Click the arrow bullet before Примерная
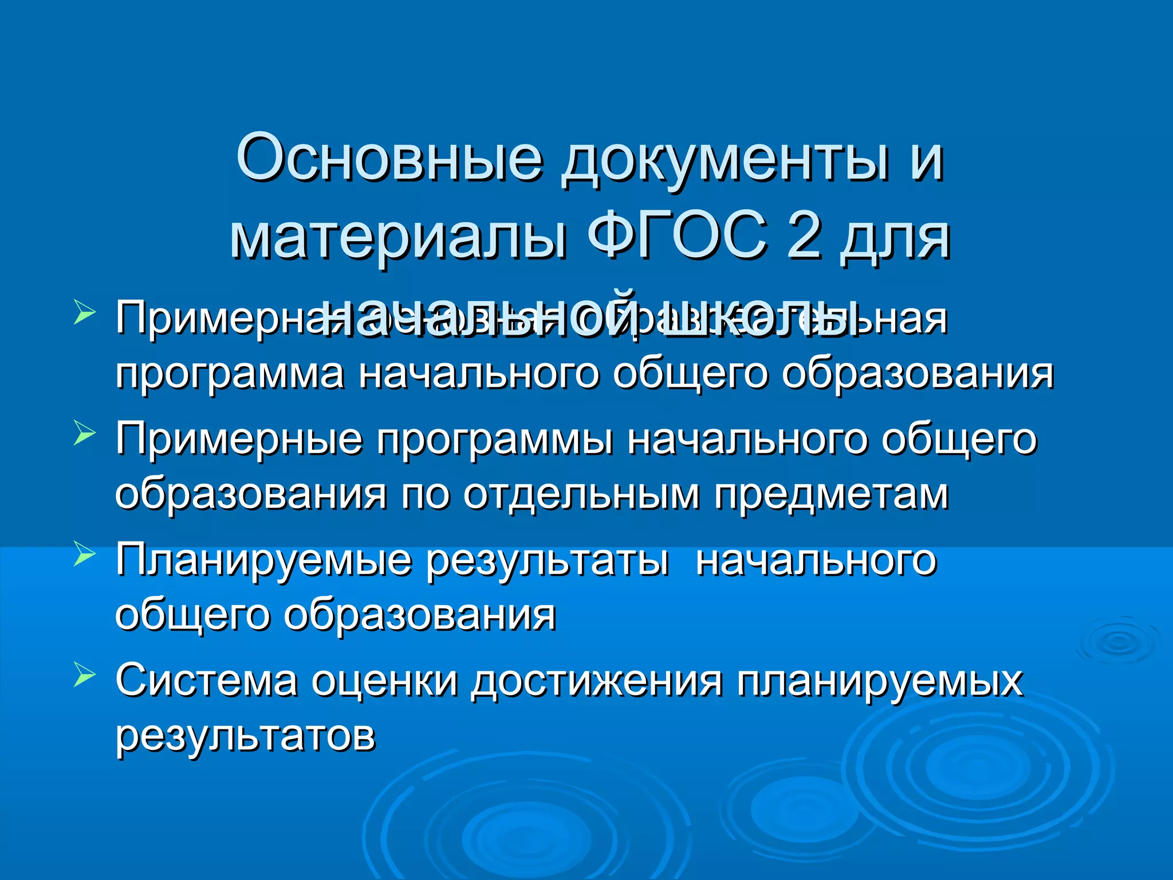tap(84, 314)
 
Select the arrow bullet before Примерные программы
tap(84, 434)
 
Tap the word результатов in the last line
tap(245, 736)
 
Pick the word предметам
tap(830, 494)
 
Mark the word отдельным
tap(581, 494)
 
